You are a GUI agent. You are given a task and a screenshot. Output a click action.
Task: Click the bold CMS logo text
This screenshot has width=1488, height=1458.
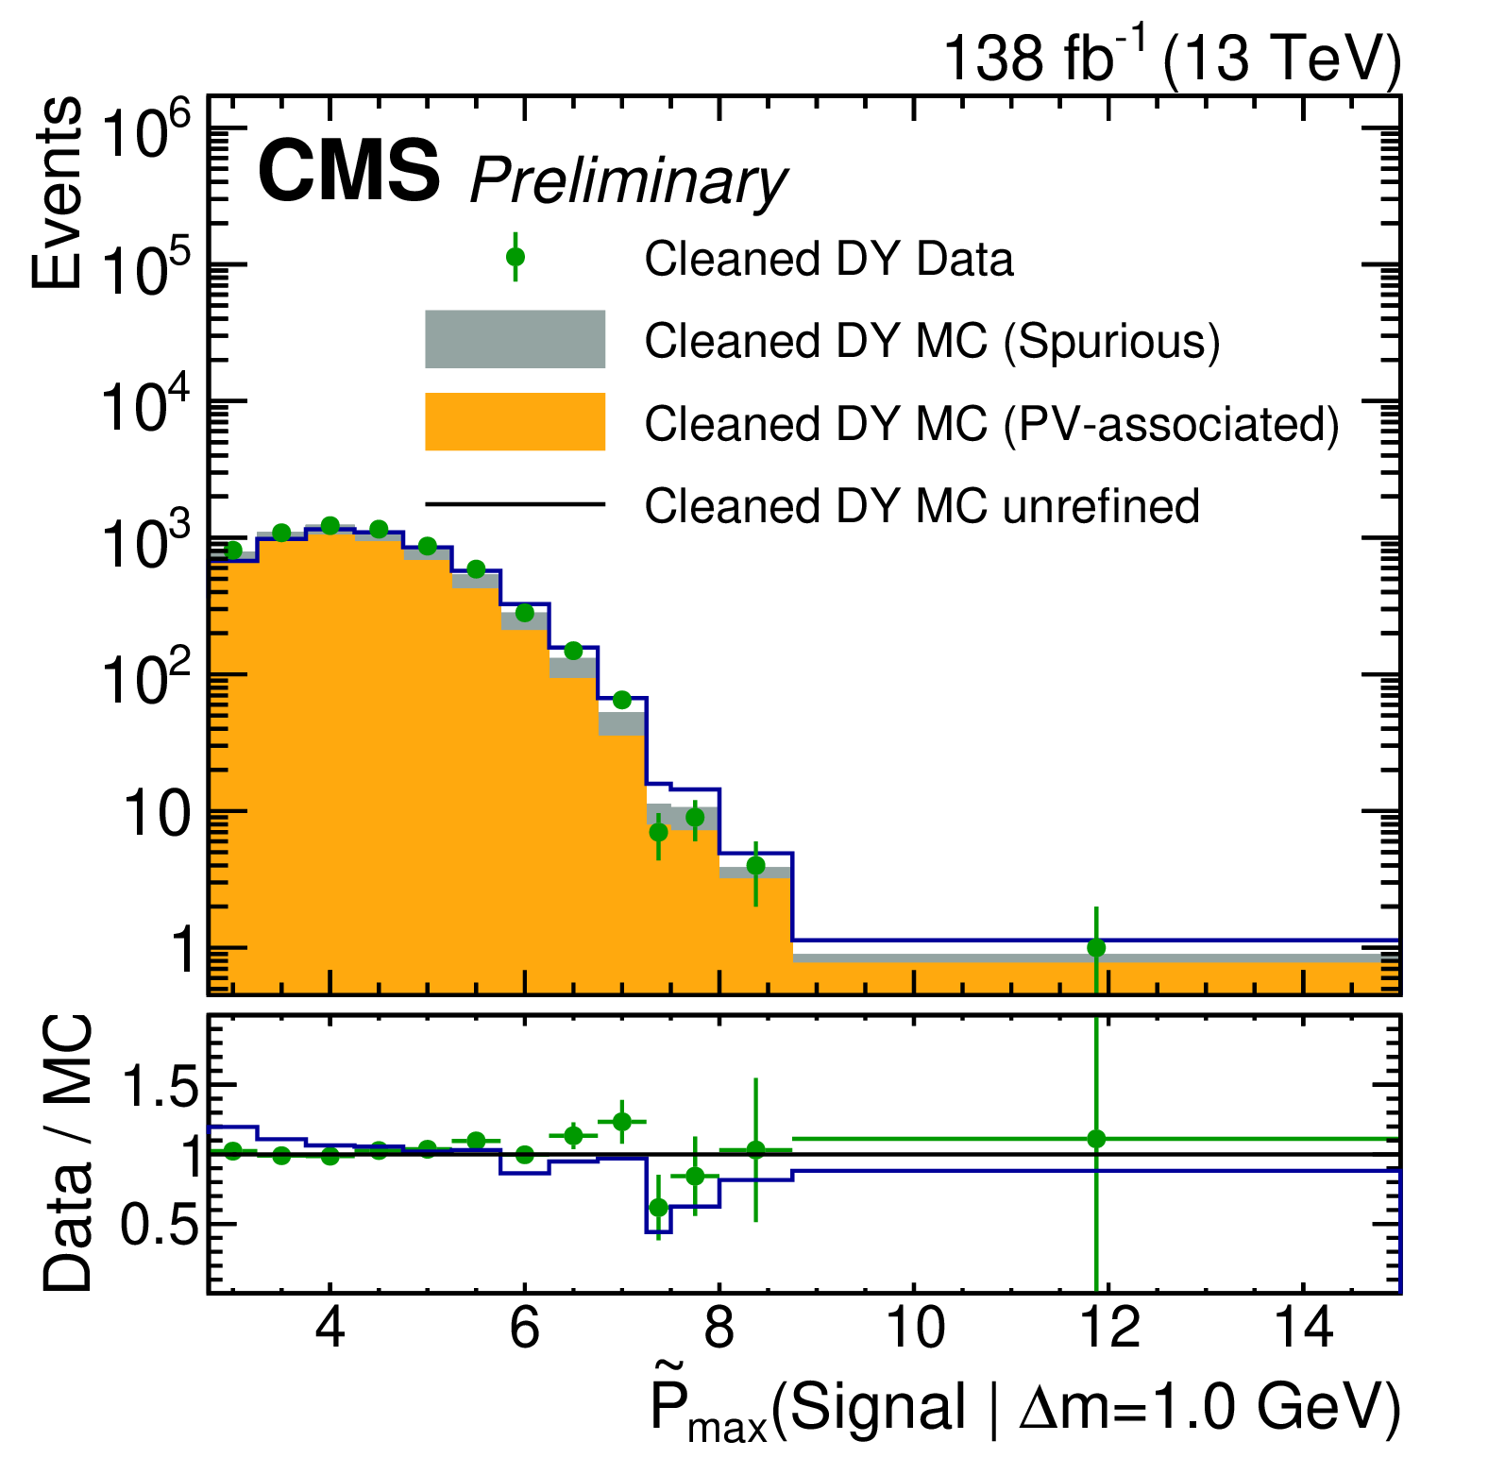coord(348,171)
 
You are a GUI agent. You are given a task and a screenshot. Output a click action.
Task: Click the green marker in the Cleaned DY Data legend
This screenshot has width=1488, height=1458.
coord(516,257)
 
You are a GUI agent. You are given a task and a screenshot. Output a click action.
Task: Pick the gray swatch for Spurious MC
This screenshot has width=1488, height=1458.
coord(515,339)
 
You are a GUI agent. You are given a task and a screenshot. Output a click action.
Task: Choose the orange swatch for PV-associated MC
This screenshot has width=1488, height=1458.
coord(515,421)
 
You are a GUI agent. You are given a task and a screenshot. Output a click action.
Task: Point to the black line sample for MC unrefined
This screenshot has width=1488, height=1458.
coord(515,504)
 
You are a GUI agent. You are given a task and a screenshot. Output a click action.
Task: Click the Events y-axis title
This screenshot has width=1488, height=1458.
coord(57,193)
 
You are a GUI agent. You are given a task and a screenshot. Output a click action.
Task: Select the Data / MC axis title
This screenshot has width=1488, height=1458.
coord(68,1153)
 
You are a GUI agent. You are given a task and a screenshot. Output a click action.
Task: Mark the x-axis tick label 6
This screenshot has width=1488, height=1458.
coord(524,1329)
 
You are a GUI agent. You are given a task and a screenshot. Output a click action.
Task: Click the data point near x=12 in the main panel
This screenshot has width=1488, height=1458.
coord(1096,947)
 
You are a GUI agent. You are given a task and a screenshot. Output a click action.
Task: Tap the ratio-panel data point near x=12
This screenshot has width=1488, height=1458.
coord(1096,1139)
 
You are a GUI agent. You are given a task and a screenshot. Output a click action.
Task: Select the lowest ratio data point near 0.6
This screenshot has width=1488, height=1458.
coord(659,1208)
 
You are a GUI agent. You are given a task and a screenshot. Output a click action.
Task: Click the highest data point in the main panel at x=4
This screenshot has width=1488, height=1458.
coord(330,525)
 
